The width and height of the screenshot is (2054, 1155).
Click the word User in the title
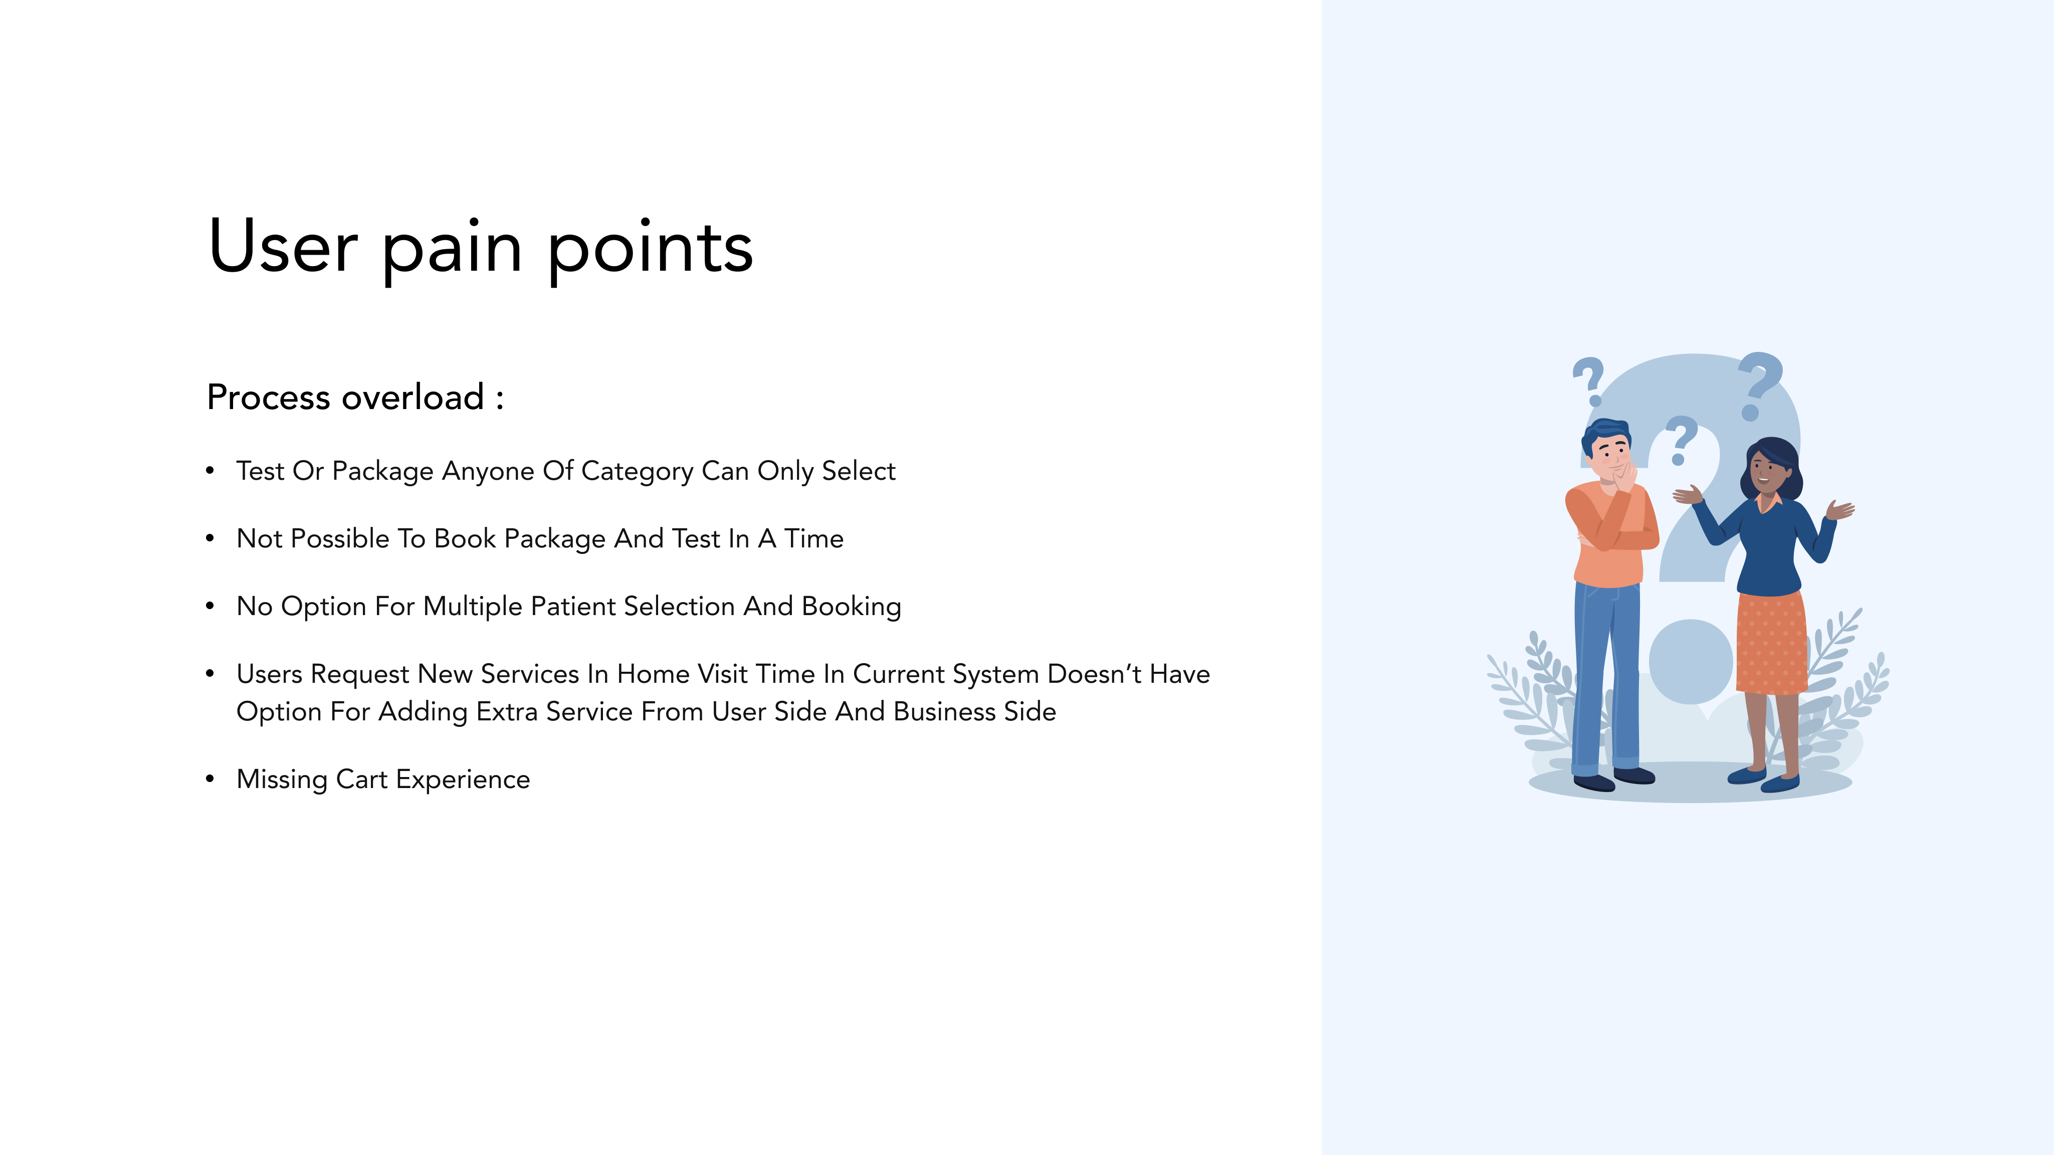point(283,247)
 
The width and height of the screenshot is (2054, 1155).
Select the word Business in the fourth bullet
point(945,711)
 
